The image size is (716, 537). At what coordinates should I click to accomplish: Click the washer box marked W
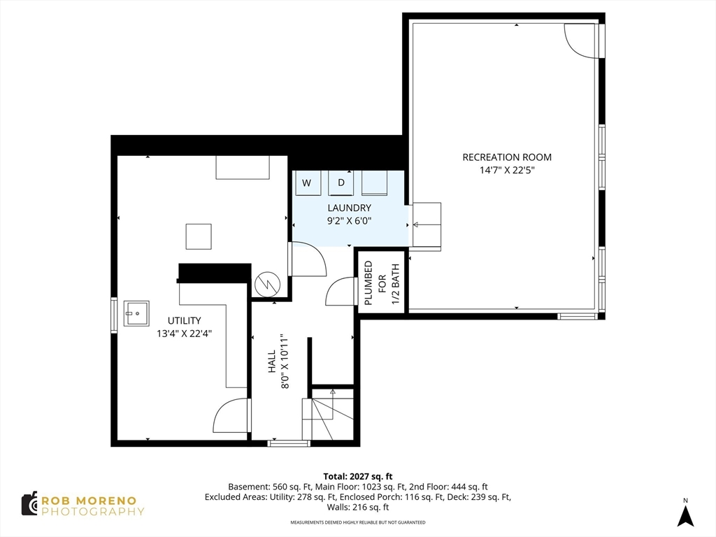pos(306,182)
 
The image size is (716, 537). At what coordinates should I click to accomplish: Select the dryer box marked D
pos(341,182)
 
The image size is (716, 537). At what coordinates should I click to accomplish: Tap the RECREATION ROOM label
pos(507,157)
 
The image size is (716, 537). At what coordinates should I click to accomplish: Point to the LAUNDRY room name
pos(350,208)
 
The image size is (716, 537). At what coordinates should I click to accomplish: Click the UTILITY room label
pos(184,320)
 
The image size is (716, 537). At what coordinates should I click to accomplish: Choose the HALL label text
pos(272,361)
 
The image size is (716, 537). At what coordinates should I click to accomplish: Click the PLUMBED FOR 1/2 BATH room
pos(382,282)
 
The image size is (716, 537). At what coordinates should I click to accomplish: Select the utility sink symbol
pos(136,313)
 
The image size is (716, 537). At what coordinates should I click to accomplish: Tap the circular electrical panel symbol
pos(266,285)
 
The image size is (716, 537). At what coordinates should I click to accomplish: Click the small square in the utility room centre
pos(199,236)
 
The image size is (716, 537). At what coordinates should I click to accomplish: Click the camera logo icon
pos(29,504)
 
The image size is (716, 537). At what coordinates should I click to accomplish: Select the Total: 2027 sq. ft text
pos(358,477)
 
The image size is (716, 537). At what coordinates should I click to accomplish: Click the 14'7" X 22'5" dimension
pos(507,171)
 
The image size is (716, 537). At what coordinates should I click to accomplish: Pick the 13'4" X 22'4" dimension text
pos(184,334)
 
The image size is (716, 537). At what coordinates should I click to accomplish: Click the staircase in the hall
pos(327,414)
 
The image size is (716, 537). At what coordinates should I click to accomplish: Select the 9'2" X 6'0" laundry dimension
pos(350,221)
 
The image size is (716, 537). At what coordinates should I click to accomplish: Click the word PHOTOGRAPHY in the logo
pos(93,512)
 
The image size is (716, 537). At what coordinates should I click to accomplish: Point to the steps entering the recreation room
pos(427,224)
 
